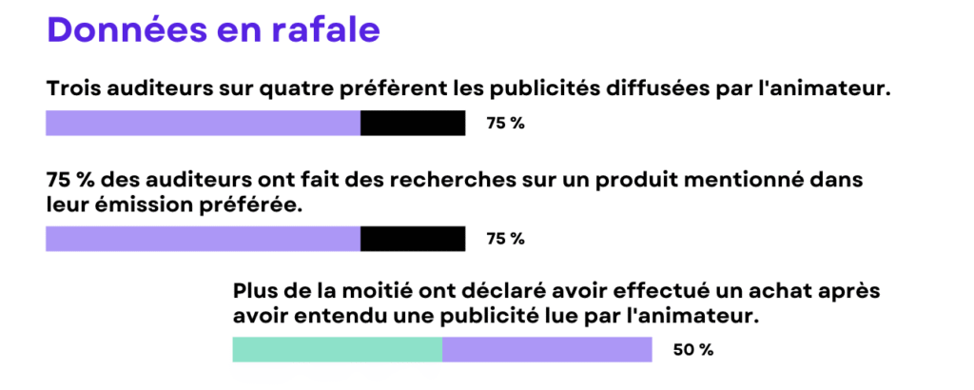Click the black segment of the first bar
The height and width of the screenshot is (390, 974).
point(413,124)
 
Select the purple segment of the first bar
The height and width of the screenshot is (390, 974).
point(203,124)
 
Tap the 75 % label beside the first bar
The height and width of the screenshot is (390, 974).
point(505,124)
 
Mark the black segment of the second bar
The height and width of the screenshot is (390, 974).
point(413,239)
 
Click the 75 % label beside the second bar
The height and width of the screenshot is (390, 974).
point(505,239)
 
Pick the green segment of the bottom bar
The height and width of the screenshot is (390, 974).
point(337,350)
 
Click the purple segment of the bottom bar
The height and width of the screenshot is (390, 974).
point(547,350)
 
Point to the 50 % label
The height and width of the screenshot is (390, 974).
point(692,350)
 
